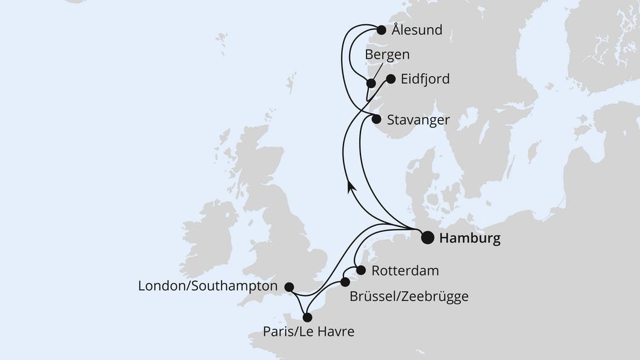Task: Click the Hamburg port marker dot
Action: pos(427,237)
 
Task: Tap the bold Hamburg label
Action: pos(470,239)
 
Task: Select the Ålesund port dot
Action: pos(381,30)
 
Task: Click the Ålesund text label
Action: pos(417,30)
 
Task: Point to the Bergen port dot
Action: pos(371,83)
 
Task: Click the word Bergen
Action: pos(387,54)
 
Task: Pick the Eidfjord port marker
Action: pos(391,79)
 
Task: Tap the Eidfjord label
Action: pos(426,79)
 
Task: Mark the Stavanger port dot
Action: pos(376,119)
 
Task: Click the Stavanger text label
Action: pos(418,120)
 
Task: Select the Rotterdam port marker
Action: pos(361,270)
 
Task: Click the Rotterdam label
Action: pos(405,271)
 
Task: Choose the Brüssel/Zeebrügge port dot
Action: pos(345,282)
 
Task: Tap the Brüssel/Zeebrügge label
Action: pos(409,297)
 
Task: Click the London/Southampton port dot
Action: pos(289,287)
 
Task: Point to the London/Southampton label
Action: pos(208,286)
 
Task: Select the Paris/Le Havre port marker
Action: pos(307,317)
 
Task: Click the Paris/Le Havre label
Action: pos(308,331)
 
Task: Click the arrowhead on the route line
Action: pos(351,188)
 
